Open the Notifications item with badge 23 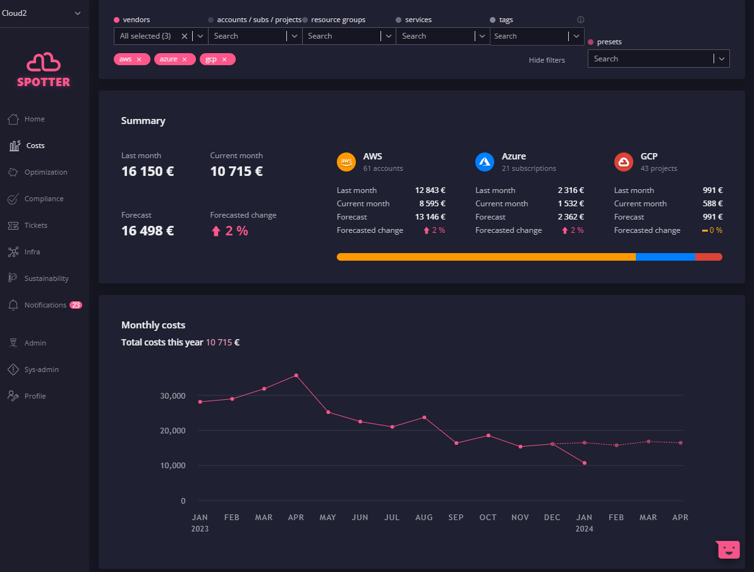pyautogui.click(x=46, y=305)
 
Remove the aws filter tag pyautogui.click(x=139, y=59)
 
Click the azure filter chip pyautogui.click(x=174, y=59)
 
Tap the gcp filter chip pyautogui.click(x=217, y=59)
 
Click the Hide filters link pyautogui.click(x=547, y=60)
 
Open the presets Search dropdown pyautogui.click(x=659, y=59)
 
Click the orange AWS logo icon pyautogui.click(x=346, y=162)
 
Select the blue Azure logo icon pyautogui.click(x=485, y=162)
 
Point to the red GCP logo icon pyautogui.click(x=624, y=162)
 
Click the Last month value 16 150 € pyautogui.click(x=148, y=171)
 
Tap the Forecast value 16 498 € pyautogui.click(x=148, y=231)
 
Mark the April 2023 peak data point pyautogui.click(x=296, y=376)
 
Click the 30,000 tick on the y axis pyautogui.click(x=173, y=395)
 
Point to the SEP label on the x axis pyautogui.click(x=456, y=517)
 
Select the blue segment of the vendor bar pyautogui.click(x=665, y=257)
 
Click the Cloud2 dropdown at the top pyautogui.click(x=41, y=13)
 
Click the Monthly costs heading pyautogui.click(x=153, y=325)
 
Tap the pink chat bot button pyautogui.click(x=728, y=550)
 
